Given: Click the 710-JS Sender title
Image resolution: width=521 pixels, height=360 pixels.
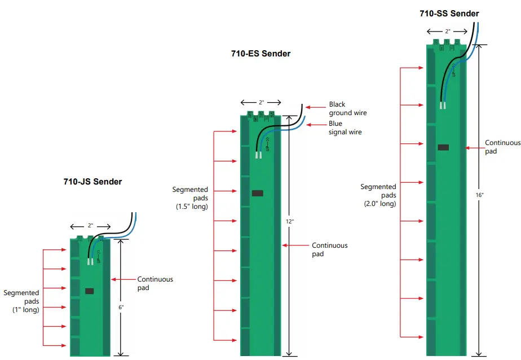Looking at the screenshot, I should pos(92,182).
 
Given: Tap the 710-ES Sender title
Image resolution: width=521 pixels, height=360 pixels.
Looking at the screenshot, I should pos(260,54).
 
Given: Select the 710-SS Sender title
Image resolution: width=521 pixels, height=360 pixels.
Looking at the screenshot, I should pos(449,14).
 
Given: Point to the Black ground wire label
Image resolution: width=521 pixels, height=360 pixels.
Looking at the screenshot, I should pos(347,109).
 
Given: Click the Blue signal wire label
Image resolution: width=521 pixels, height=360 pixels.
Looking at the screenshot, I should pos(345,128).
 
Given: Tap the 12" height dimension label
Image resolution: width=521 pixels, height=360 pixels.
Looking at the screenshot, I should pos(289,222).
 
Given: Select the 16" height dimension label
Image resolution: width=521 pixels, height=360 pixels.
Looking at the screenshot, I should pos(479,195).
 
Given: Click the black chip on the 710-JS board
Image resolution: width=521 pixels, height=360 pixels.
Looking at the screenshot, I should pos(89,291).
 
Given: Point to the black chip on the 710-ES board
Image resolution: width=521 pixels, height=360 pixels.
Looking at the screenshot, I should pos(257,194).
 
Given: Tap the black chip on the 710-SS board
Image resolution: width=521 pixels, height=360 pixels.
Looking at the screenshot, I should pos(443,147).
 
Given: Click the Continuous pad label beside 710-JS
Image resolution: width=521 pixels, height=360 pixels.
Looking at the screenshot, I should pos(155,283).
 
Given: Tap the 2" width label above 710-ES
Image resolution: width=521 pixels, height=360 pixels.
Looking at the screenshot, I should pos(261,103).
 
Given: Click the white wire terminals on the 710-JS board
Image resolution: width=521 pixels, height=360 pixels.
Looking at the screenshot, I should pos(90,261).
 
